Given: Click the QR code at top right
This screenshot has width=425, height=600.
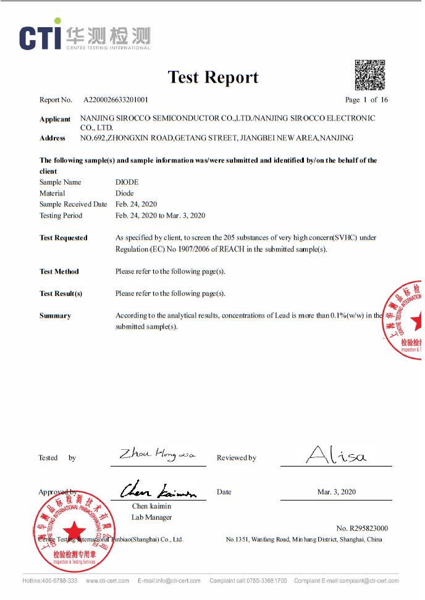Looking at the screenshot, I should pos(369,74).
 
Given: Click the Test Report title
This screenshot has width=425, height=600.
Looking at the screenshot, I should pos(213,77).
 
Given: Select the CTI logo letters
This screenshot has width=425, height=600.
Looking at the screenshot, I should pos(40,37).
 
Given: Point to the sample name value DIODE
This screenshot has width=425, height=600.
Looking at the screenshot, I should pos(127,182).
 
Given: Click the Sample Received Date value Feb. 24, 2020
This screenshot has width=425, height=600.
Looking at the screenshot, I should pos(136,205).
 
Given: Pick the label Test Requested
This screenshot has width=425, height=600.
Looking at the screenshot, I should pos(64,238).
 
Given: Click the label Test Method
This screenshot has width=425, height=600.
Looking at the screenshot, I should pos(59,271).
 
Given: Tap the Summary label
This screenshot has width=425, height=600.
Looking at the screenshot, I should pos(55,316).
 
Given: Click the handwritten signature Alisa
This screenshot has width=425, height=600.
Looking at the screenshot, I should pos(336,456).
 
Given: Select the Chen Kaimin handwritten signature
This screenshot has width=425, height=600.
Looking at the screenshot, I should pos(158,491).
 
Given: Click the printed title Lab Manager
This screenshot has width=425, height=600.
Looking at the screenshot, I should pos(151,517).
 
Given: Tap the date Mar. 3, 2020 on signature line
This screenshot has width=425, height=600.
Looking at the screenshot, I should pos(336,492).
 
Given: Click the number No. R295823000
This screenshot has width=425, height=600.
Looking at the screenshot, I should pos(362,528).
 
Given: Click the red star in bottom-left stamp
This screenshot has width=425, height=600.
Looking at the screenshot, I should pos(74,530).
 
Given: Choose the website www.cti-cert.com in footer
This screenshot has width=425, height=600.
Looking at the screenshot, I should pos(107,581).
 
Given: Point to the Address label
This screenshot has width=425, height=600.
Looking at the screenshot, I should pos(53,138).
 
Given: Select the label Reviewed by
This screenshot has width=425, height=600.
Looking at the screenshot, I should pos(236,458).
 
